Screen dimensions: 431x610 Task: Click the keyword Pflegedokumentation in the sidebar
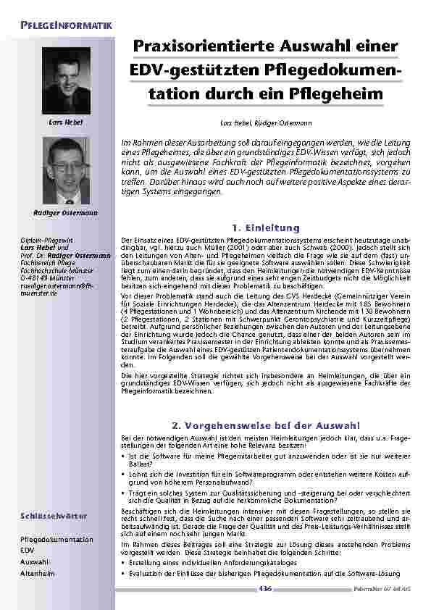[57, 540]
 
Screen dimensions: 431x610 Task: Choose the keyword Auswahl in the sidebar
[35, 562]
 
